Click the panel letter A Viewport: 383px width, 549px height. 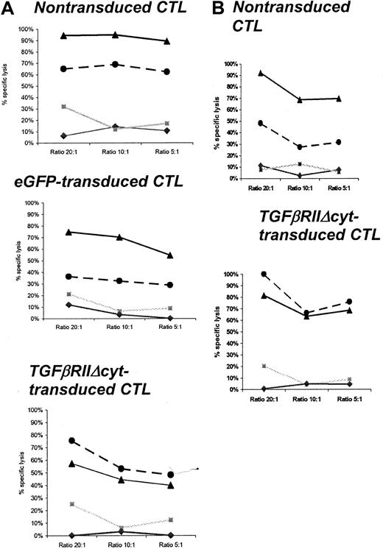pyautogui.click(x=7, y=8)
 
